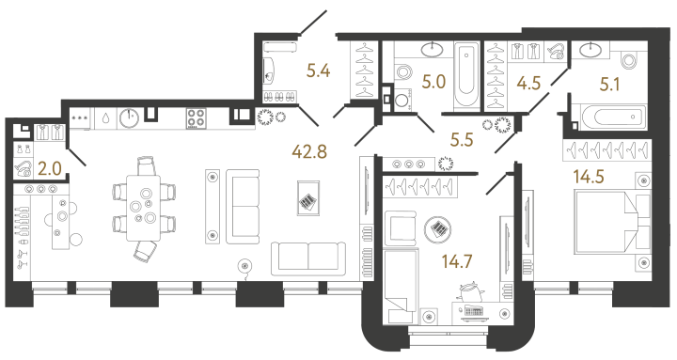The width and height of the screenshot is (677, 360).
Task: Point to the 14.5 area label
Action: pyautogui.click(x=589, y=175)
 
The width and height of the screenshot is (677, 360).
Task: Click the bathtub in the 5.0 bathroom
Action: pyautogui.click(x=465, y=75)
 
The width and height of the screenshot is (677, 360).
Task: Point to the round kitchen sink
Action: pyautogui.click(x=130, y=118)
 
